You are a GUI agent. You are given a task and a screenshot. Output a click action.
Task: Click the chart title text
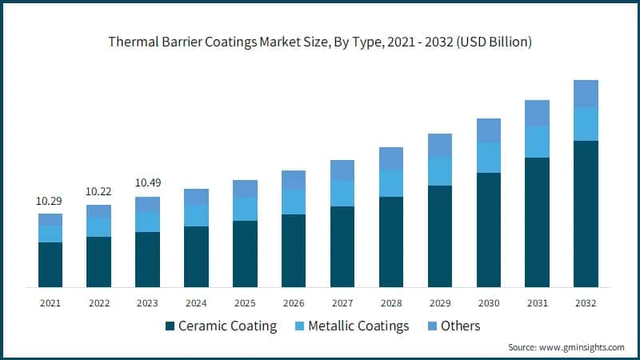click(x=320, y=42)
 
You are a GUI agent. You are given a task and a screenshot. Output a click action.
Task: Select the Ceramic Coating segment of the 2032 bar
click(x=586, y=214)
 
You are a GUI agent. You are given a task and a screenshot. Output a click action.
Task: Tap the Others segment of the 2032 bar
click(x=586, y=94)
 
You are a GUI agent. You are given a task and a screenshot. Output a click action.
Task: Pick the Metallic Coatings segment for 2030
click(x=489, y=158)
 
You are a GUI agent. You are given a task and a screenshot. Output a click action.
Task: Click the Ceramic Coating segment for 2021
click(x=50, y=264)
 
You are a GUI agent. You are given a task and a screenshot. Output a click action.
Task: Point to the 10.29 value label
click(x=50, y=202)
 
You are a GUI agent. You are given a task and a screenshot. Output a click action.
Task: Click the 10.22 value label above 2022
click(x=99, y=192)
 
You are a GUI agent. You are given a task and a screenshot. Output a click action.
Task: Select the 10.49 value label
click(x=148, y=183)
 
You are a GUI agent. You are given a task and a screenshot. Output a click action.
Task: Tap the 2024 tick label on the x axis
click(x=196, y=303)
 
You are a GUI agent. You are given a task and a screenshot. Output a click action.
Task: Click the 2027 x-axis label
click(x=342, y=303)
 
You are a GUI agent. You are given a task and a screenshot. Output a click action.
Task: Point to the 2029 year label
click(x=440, y=303)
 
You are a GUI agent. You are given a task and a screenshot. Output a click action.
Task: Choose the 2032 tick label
click(x=586, y=303)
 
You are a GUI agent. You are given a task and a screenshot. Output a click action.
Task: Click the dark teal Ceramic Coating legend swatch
click(x=169, y=326)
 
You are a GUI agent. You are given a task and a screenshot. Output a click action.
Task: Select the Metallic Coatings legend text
click(x=358, y=326)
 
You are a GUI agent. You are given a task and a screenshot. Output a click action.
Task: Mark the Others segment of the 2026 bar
click(x=294, y=180)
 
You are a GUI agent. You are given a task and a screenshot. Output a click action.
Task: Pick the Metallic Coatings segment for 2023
click(x=148, y=222)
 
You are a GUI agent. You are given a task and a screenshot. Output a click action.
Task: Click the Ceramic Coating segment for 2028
click(x=391, y=242)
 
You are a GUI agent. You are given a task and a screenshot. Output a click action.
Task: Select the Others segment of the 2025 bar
click(x=245, y=189)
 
